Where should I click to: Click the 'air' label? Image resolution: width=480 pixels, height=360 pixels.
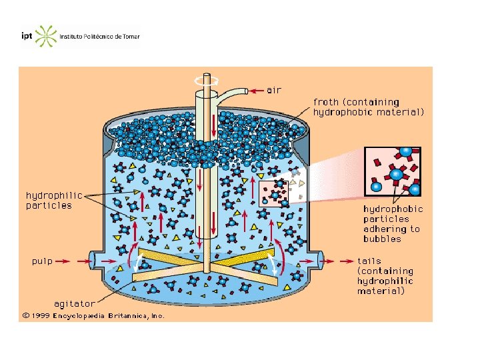tap(274, 90)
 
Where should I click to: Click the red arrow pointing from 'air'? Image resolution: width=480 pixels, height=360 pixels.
tap(257, 90)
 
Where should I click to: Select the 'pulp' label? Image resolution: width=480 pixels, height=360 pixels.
tap(42, 261)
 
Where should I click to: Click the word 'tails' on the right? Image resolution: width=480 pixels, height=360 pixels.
tap(369, 261)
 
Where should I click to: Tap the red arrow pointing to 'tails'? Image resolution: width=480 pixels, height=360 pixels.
tap(341, 261)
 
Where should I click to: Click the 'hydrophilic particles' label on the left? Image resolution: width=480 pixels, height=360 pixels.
tap(53, 200)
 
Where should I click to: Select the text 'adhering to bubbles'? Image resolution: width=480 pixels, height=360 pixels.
tap(391, 233)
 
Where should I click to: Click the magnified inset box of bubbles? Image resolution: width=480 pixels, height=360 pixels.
tap(392, 171)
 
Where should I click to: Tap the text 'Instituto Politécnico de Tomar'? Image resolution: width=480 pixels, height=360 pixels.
tap(100, 37)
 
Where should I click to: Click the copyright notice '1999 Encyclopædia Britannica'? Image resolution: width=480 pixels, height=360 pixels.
tap(93, 315)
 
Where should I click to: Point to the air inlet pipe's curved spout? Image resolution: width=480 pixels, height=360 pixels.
tap(230, 93)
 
